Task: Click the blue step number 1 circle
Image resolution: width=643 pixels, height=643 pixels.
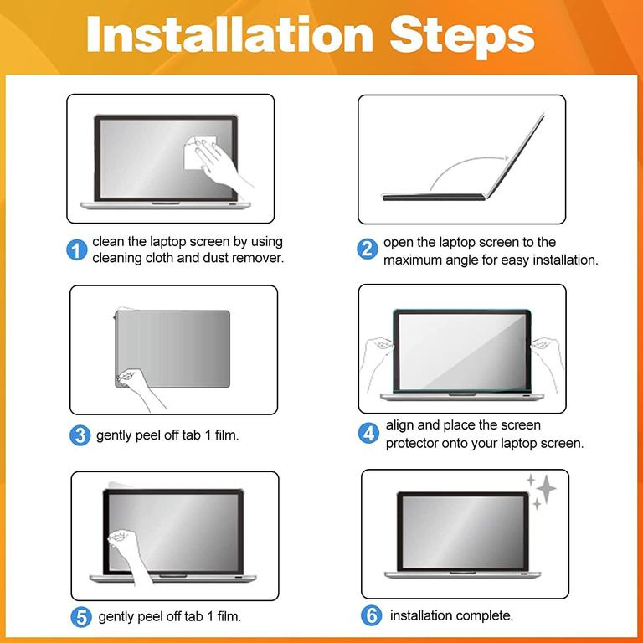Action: click(77, 249)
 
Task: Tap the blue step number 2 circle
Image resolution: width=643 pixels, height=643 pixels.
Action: click(367, 249)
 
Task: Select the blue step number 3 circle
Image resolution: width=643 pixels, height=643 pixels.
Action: click(80, 435)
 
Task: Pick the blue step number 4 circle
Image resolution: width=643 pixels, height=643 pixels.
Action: click(368, 434)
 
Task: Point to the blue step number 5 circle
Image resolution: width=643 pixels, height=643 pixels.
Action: click(81, 617)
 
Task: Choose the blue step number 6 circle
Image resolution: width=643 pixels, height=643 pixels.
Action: click(372, 615)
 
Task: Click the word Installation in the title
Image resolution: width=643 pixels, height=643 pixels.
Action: click(229, 34)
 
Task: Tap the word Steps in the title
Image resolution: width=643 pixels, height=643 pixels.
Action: click(462, 37)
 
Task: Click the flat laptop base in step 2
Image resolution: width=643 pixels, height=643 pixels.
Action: click(434, 197)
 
